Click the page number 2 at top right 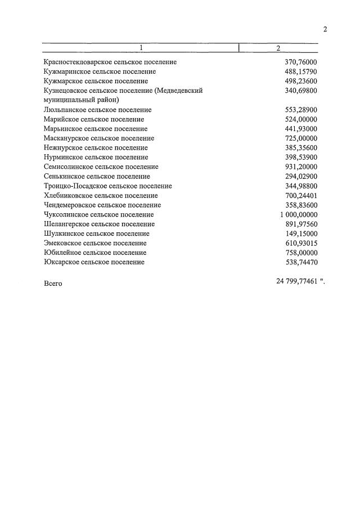click(x=325, y=30)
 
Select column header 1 click(x=141, y=48)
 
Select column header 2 click(x=278, y=48)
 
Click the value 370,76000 click(x=301, y=62)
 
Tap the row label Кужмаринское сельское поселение click(x=100, y=71)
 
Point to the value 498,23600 click(x=301, y=81)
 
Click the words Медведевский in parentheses click(x=179, y=91)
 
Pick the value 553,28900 click(x=301, y=110)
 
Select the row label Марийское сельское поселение click(x=93, y=119)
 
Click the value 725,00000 click(x=301, y=138)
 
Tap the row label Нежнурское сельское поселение click(x=96, y=148)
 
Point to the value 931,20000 click(x=301, y=167)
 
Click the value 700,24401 click(x=301, y=196)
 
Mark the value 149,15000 click(x=301, y=233)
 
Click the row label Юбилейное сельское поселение click(x=94, y=253)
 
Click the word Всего click(x=53, y=284)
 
